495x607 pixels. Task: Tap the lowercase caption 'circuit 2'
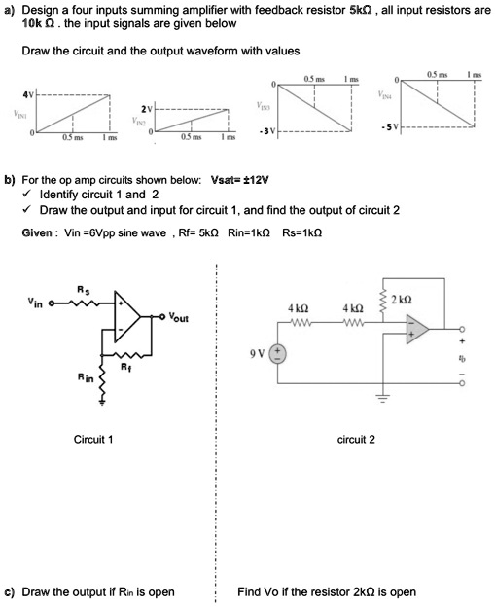tap(356, 440)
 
